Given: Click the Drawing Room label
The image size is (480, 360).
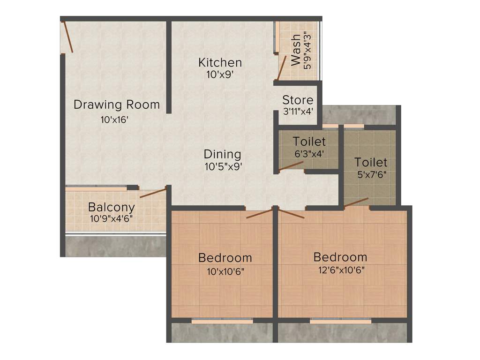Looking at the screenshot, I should [117, 105].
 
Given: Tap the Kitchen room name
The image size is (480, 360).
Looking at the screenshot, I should [220, 62].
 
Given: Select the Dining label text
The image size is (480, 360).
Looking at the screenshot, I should [223, 154].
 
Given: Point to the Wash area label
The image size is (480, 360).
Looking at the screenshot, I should [296, 50].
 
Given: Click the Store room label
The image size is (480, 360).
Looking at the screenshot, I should [298, 100].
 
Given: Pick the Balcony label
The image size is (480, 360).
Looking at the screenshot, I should [112, 207].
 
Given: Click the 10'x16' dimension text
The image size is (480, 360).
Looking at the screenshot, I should [114, 120].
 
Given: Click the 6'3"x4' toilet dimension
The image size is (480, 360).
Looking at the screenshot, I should [309, 153].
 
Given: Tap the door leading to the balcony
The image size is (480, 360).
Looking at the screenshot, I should [153, 193].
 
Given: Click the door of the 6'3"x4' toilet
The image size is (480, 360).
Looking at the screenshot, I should [291, 166].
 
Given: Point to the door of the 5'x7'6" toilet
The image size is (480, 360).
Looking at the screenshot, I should [356, 202].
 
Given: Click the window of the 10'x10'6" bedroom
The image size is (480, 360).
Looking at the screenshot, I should [222, 321].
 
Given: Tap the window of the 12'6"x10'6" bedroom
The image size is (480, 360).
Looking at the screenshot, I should [341, 321].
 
